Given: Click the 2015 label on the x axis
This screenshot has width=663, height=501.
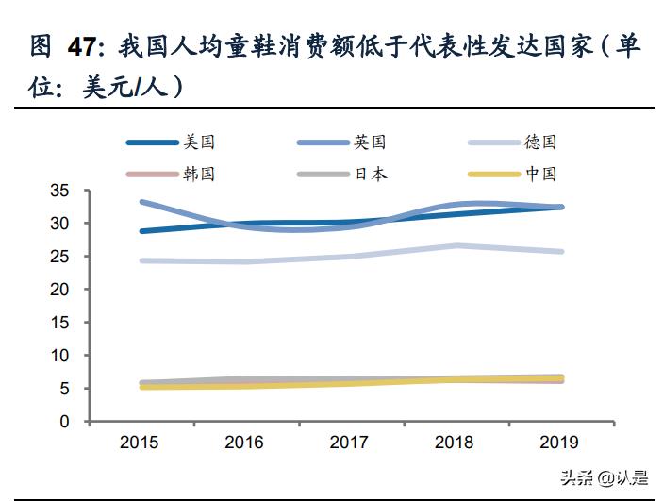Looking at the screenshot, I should tap(141, 443).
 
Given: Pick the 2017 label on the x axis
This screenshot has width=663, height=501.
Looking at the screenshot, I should tap(351, 443).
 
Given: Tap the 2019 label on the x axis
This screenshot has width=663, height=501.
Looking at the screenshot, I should tap(561, 443).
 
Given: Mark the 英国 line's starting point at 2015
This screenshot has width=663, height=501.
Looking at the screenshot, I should tap(141, 202).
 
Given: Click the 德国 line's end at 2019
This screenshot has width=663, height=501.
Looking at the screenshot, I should tap(561, 252).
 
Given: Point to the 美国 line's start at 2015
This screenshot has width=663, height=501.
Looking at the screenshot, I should tap(141, 231).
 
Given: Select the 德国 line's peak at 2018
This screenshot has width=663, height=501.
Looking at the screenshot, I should tap(456, 246).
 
